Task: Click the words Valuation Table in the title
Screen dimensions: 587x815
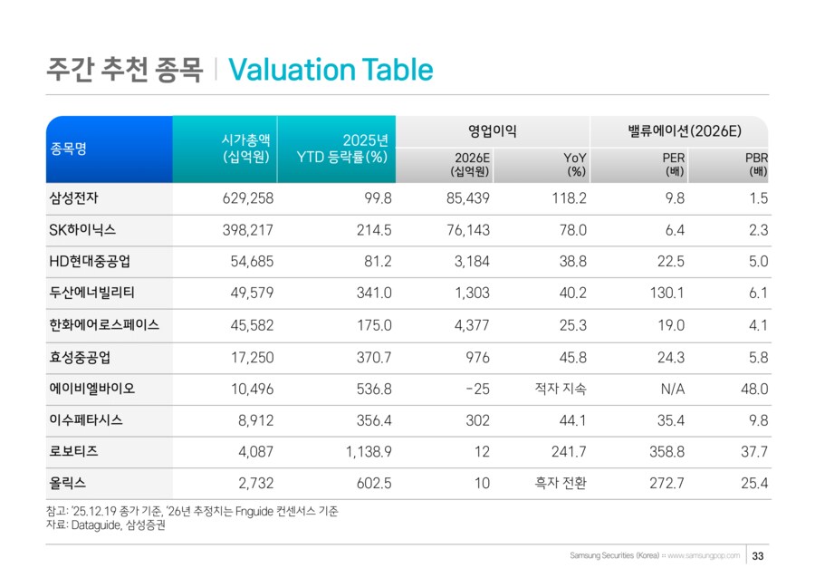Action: point(331,70)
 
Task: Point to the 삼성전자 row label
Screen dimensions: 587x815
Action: point(74,198)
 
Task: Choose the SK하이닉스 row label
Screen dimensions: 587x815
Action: point(82,230)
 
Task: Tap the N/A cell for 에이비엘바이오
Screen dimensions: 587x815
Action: point(671,389)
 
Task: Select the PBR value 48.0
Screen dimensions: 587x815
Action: point(753,389)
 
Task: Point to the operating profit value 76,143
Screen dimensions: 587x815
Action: point(468,230)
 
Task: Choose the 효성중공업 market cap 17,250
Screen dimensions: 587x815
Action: point(251,357)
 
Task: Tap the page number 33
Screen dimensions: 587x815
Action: point(759,555)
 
